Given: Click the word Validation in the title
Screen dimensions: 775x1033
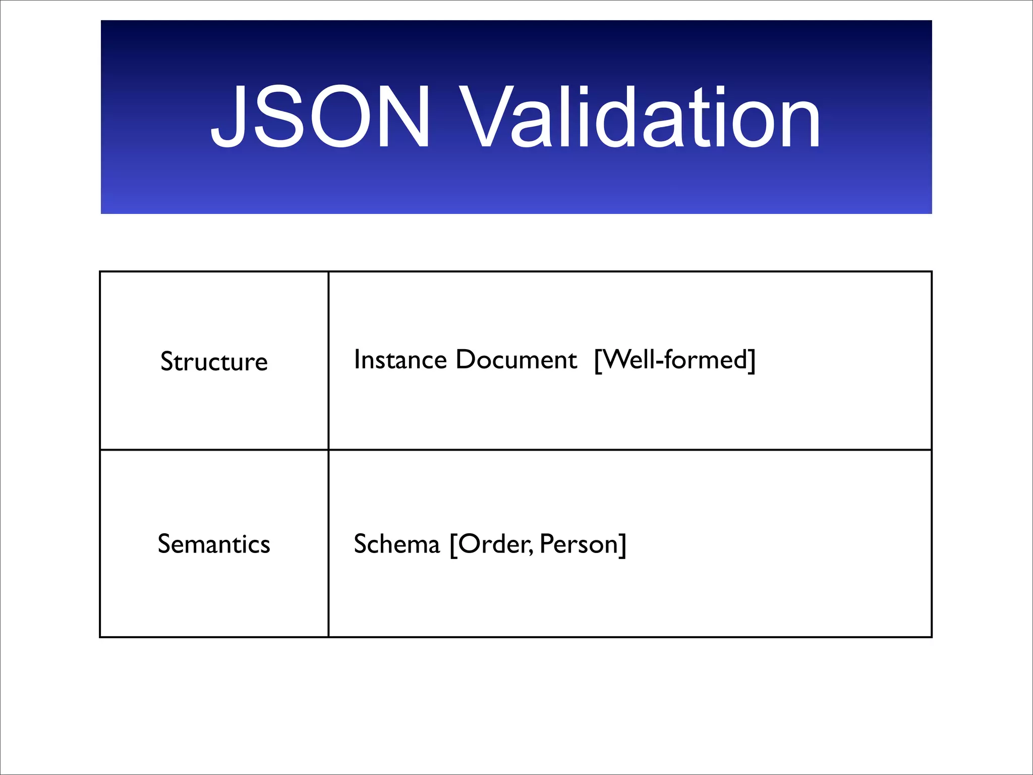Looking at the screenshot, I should pyautogui.click(x=637, y=117).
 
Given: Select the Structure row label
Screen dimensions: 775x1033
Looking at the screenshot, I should pyautogui.click(x=214, y=361).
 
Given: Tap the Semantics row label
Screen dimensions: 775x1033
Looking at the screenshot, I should pyautogui.click(x=214, y=544).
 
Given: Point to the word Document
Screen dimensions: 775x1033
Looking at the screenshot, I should pyautogui.click(x=516, y=360).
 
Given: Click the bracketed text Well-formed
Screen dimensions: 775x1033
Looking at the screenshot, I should pyautogui.click(x=675, y=360).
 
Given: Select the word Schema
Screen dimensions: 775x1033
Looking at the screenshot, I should pyautogui.click(x=397, y=544).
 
